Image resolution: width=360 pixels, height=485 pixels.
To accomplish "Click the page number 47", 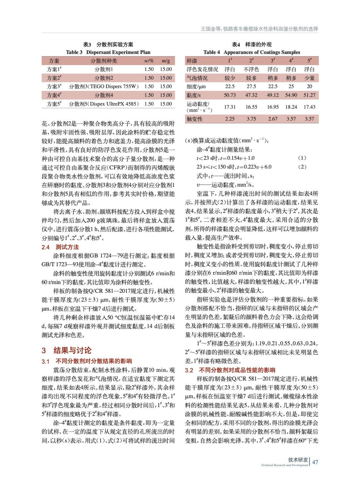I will [315, 462].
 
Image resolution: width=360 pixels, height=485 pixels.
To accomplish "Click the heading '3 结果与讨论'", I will [66, 350].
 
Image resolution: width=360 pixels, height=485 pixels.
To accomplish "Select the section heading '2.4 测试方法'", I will [60, 247].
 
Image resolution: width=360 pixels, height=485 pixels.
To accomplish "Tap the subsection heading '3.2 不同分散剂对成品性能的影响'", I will [230, 370].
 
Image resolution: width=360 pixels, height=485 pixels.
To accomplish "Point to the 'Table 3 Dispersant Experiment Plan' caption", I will [108, 52].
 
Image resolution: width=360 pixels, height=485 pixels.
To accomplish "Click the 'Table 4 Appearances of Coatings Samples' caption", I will [251, 52].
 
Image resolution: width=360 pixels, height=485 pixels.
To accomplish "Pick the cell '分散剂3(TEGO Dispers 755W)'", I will [104, 86].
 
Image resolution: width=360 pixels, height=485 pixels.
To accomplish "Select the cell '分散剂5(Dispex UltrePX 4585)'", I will [104, 104].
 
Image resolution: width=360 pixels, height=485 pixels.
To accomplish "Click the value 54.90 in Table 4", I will [291, 95].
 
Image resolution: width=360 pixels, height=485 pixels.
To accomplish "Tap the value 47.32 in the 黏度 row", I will [251, 95].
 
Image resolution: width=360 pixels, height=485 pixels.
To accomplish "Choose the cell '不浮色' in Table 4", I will [251, 69].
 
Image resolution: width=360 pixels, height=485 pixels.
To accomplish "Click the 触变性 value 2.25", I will [230, 119].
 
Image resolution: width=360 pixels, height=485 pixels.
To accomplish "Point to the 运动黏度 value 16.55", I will [251, 107].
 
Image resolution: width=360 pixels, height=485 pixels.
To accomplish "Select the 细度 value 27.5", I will [251, 86].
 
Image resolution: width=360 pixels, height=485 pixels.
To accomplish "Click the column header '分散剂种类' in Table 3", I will [104, 61].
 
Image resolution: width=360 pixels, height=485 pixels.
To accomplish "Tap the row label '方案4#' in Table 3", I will [54, 95].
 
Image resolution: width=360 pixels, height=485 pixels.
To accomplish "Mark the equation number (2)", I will [302, 167].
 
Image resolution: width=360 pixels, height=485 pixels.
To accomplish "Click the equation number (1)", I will [302, 158].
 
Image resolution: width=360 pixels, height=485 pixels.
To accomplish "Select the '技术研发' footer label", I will [298, 460].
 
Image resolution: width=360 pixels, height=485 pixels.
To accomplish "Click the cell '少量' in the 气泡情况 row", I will [309, 78].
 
